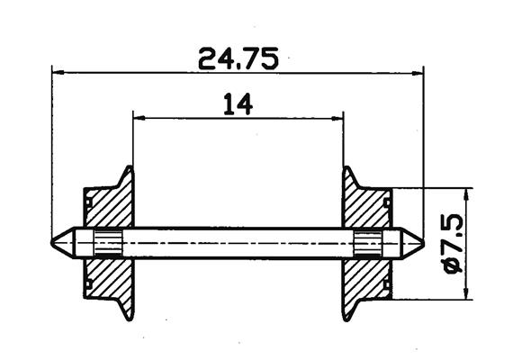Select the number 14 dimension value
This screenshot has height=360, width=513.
pos(238,105)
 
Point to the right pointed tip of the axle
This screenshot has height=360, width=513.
pos(419,242)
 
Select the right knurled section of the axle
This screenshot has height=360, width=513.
pos(367,242)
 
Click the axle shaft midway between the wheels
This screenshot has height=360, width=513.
pos(238,242)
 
